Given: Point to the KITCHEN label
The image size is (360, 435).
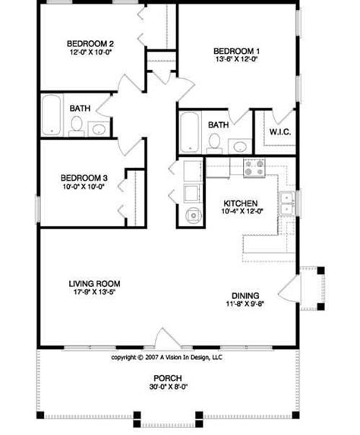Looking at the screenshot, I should [x=240, y=203].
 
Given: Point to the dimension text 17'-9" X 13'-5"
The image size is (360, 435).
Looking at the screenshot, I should [x=90, y=294].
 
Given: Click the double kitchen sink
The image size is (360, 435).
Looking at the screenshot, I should [x=287, y=201].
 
